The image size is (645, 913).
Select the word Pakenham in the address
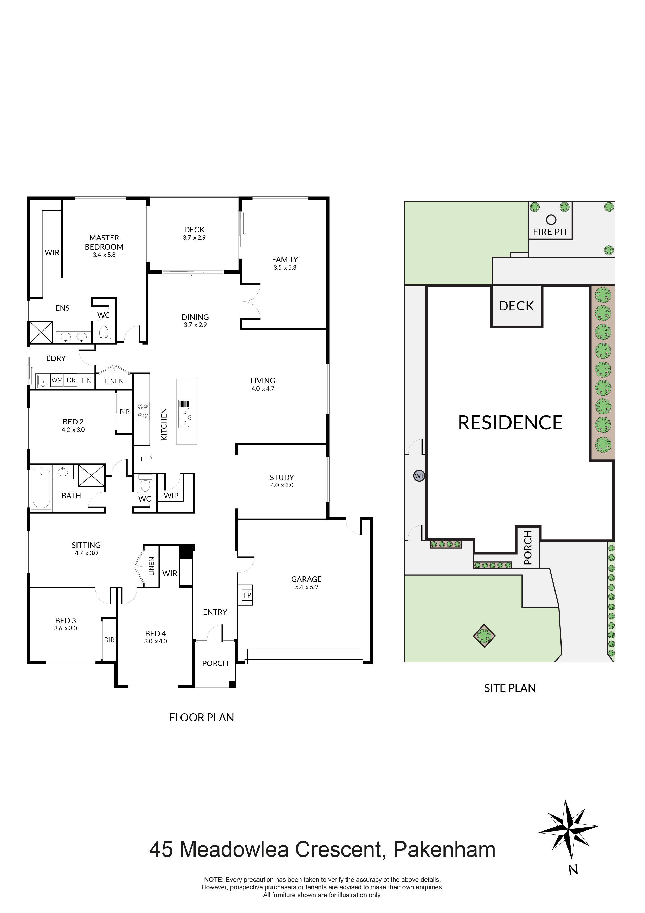[444, 849]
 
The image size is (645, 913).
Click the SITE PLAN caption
[510, 688]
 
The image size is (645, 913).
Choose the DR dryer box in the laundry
[71, 381]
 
